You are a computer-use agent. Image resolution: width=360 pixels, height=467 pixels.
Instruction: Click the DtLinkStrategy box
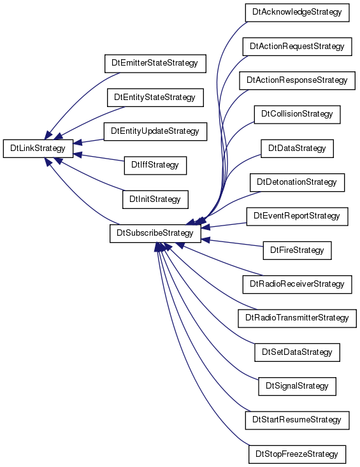[x=38, y=148]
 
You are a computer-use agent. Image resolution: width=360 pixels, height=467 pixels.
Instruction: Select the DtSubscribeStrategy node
[x=155, y=233]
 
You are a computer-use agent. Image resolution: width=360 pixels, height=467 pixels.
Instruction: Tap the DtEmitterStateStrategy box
[x=155, y=64]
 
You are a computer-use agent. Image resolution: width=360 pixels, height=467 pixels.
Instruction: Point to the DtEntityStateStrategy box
[x=155, y=97]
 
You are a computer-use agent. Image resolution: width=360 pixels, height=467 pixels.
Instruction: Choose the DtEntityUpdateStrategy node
[x=155, y=131]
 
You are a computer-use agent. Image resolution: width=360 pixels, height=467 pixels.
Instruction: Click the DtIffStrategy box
[x=155, y=165]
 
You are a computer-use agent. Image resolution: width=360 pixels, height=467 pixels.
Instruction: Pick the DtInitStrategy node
[x=155, y=199]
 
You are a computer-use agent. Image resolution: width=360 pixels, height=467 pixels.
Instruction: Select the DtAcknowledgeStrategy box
[x=297, y=13]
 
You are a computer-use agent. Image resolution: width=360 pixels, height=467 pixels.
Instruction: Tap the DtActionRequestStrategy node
[x=297, y=47]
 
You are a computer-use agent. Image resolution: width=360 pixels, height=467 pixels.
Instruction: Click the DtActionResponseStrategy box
[x=297, y=80]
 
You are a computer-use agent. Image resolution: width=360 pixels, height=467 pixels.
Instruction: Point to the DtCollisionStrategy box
[x=297, y=115]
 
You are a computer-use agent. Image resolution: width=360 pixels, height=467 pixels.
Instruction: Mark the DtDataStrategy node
[x=297, y=148]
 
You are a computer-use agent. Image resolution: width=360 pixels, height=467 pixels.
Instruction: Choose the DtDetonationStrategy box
[x=297, y=183]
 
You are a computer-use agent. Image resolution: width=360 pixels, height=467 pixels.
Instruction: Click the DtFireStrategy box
[x=297, y=250]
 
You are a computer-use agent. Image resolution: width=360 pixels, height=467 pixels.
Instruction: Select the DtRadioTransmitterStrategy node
[x=297, y=319]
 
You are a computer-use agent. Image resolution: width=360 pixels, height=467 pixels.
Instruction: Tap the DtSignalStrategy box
[x=297, y=386]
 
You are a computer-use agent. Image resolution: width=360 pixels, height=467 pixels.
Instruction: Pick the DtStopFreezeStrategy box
[x=297, y=454]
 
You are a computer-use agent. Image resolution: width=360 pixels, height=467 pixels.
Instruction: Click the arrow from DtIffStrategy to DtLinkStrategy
[x=99, y=157]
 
